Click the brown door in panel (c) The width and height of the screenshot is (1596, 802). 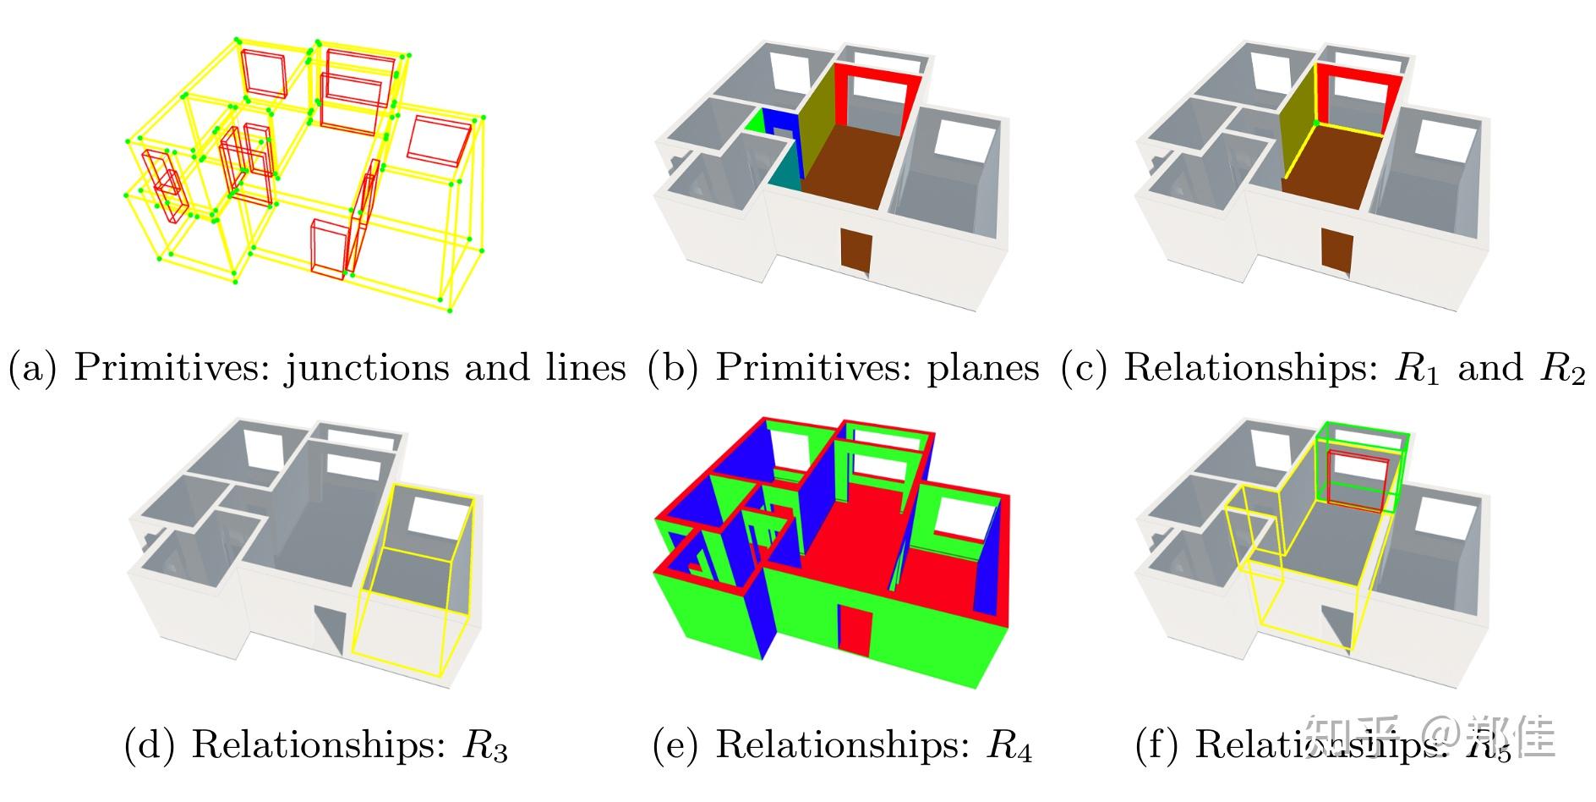(1336, 250)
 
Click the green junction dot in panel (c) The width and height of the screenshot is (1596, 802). (1316, 124)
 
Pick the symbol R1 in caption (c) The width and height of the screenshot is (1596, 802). (1416, 368)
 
